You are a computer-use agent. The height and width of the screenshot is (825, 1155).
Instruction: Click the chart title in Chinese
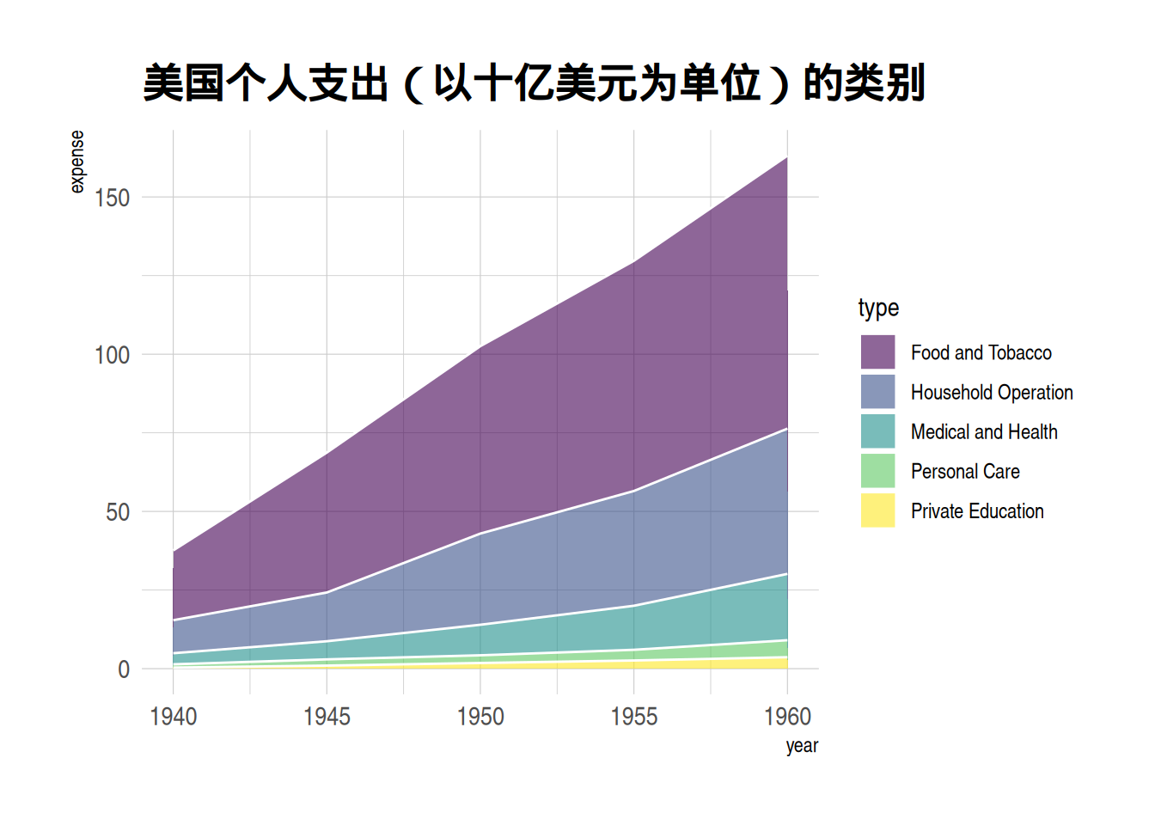(x=533, y=83)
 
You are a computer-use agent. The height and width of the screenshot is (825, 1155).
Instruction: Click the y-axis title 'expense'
(x=77, y=162)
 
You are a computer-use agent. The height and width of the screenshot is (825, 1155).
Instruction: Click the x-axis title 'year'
(x=801, y=746)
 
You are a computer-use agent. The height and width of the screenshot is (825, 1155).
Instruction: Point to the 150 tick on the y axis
(x=112, y=198)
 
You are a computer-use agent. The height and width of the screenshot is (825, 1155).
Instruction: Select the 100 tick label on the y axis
(x=112, y=355)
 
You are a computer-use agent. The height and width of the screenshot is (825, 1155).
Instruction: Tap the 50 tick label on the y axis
(x=118, y=512)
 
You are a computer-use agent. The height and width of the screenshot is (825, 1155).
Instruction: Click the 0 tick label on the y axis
(x=124, y=669)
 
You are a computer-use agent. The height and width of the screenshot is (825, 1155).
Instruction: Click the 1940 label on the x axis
(x=174, y=717)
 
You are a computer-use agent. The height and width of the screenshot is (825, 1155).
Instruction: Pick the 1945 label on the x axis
(x=327, y=717)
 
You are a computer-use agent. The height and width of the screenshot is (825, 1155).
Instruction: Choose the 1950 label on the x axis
(x=480, y=717)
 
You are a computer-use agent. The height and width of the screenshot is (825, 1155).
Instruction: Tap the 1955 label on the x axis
(x=634, y=717)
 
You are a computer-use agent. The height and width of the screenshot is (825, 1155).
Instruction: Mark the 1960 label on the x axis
(x=787, y=717)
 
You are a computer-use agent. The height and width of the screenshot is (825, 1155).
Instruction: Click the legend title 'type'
(x=878, y=308)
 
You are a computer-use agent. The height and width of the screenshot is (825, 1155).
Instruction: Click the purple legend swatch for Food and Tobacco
(x=877, y=352)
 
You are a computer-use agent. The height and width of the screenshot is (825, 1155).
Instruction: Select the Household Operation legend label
(x=992, y=393)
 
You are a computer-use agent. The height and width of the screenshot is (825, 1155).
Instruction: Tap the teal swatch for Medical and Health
(x=877, y=431)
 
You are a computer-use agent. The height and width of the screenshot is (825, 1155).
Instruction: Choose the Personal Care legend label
(x=965, y=472)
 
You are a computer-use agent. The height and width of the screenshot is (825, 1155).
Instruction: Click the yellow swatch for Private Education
(x=877, y=510)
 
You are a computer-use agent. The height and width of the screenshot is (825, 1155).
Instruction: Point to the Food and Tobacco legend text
(x=981, y=353)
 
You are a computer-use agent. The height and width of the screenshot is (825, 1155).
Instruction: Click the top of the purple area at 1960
(x=786, y=158)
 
